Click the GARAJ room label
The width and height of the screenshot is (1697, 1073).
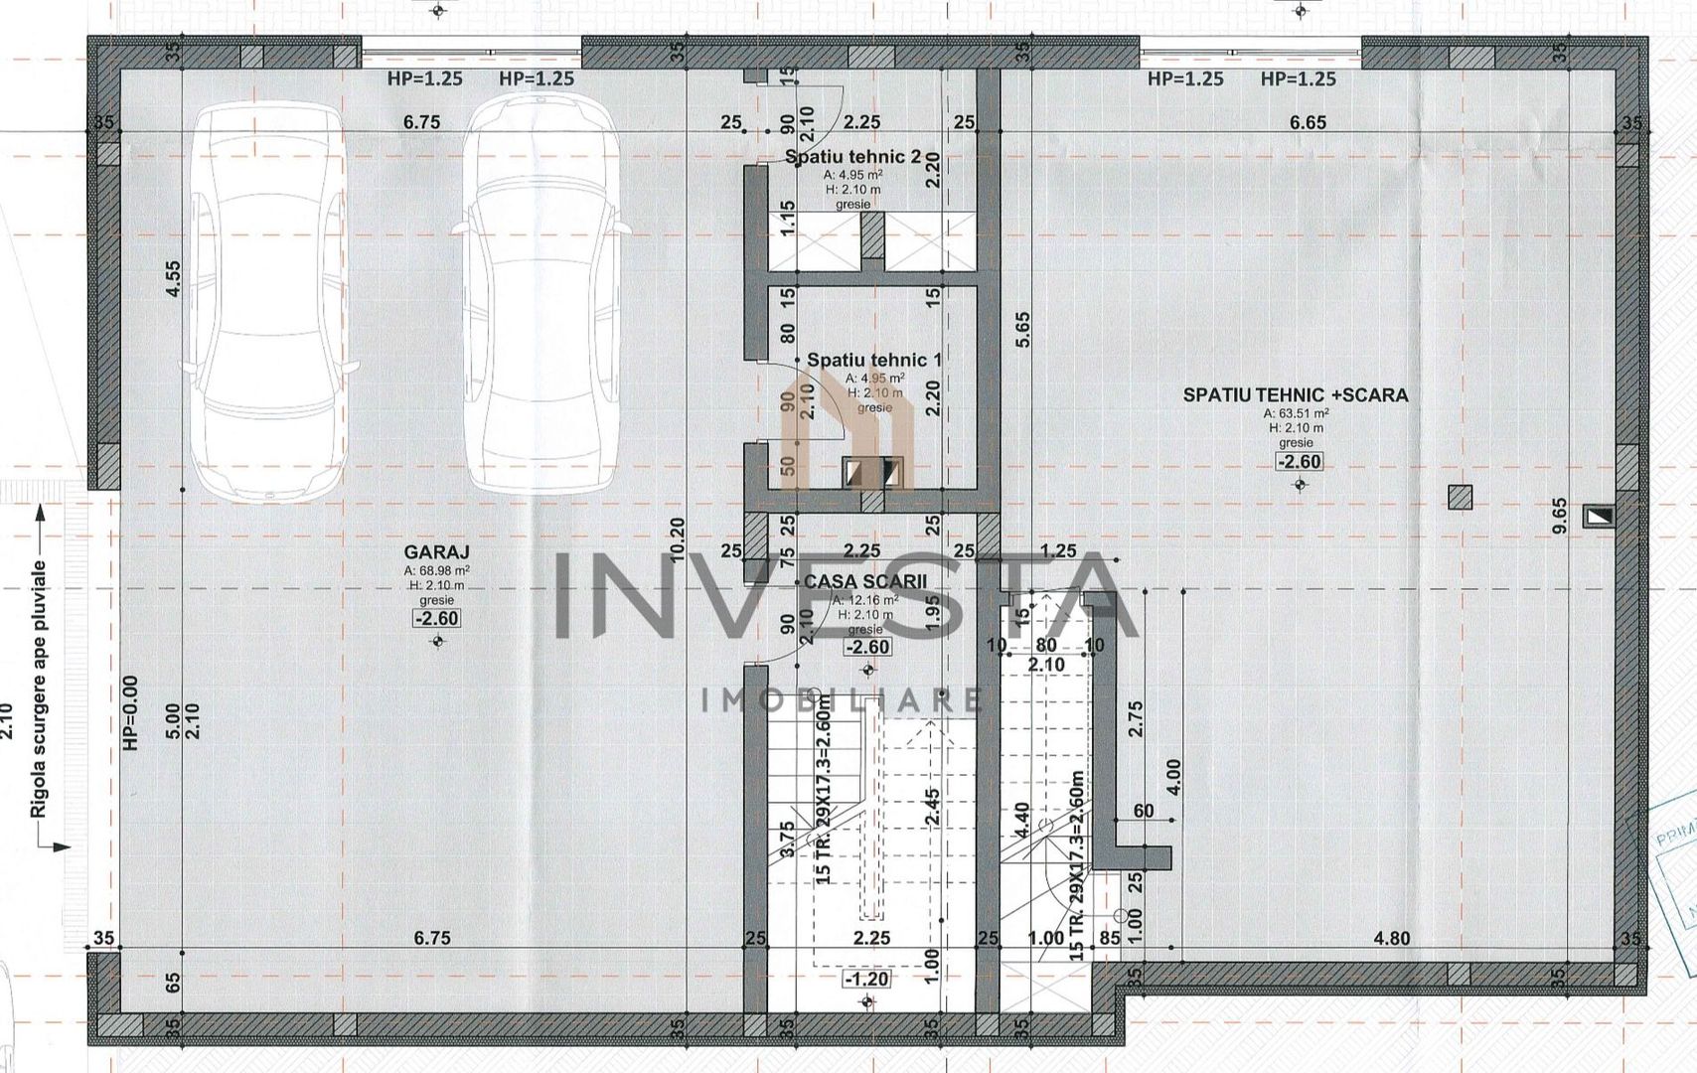point(437,552)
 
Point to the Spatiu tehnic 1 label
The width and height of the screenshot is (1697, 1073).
point(873,360)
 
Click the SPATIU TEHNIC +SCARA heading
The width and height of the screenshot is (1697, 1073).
point(1296,394)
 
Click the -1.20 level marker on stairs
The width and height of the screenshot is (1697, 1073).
point(866,979)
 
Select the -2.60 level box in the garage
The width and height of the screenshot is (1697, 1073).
point(437,619)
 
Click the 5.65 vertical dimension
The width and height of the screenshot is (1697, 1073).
point(1023,331)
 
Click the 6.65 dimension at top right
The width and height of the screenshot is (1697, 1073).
point(1308,122)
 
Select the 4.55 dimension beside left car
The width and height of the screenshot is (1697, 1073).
point(174,278)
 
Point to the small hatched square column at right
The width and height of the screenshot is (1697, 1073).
point(1460,497)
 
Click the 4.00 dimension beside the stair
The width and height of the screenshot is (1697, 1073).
point(1173,779)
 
